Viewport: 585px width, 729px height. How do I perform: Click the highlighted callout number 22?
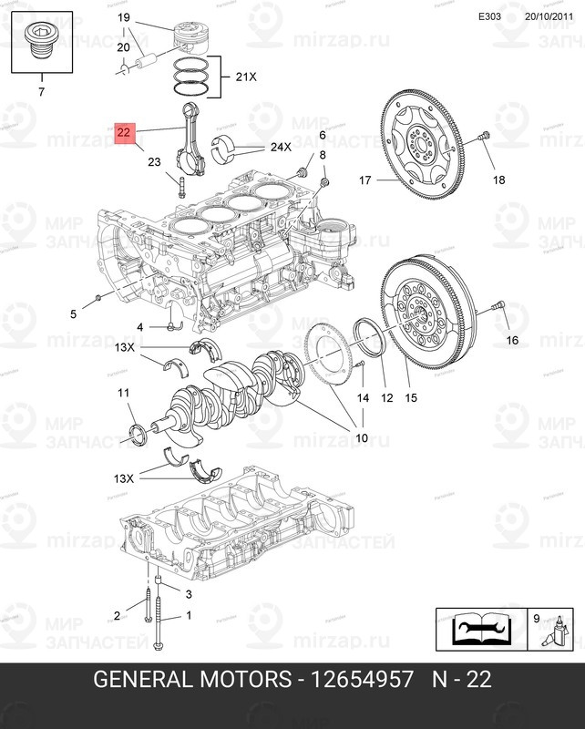125,134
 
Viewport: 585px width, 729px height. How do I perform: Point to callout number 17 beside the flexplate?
365,180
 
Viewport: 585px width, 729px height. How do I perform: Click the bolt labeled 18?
483,137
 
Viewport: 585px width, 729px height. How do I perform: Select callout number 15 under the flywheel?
411,397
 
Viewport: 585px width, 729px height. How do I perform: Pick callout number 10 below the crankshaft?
362,438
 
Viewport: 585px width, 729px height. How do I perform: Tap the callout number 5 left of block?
74,314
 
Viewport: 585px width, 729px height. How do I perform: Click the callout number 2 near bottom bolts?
117,615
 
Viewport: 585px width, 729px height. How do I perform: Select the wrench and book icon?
479,628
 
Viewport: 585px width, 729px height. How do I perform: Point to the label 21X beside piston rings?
246,78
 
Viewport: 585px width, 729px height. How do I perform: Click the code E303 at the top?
490,15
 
